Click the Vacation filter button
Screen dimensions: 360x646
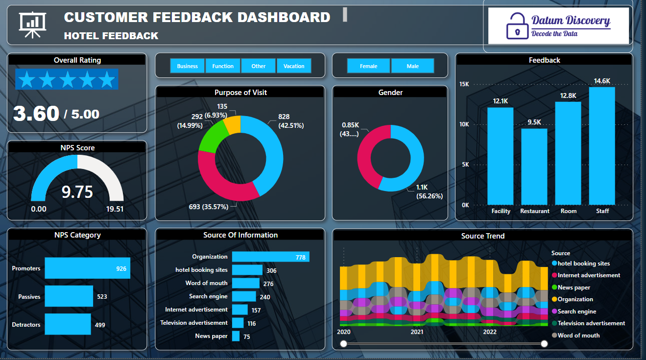coord(294,66)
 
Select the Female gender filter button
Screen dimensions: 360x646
coord(369,66)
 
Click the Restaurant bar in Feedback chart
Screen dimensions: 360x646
coord(534,166)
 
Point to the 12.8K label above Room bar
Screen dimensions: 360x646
coord(568,96)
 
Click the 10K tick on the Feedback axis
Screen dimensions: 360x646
coord(464,124)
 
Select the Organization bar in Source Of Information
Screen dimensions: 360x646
coord(270,257)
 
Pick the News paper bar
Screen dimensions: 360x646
coord(236,336)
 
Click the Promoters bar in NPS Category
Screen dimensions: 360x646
coord(87,268)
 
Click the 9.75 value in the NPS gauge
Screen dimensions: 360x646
coord(77,192)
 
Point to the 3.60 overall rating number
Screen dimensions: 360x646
coord(36,114)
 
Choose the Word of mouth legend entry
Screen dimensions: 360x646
coord(578,336)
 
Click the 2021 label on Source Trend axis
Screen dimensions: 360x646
coord(417,332)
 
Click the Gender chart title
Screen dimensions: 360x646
coord(390,92)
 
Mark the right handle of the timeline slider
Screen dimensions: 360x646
coord(544,344)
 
